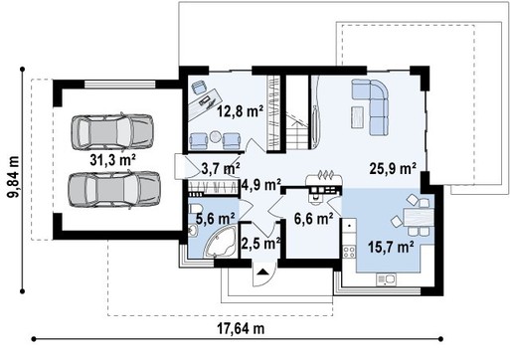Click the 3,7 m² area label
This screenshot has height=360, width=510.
pos(219,168)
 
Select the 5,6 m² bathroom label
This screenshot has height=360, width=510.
pos(214,216)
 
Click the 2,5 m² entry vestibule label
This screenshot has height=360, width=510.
pos(261,242)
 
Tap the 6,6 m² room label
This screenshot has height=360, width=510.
pos(311,220)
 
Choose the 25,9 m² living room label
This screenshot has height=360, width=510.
pos(393,168)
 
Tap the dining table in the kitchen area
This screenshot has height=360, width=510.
pos(417,218)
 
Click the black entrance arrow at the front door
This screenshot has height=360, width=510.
pos(261,270)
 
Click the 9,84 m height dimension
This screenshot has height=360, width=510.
pos(13,160)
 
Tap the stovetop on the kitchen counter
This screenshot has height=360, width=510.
pos(350,245)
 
